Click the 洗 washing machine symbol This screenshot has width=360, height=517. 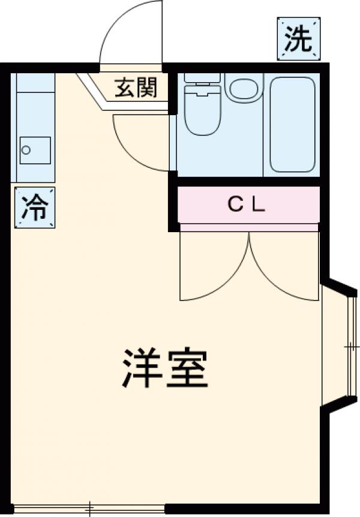(298, 39)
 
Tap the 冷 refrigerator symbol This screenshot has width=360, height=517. (34, 207)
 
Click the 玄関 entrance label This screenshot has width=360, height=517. (136, 88)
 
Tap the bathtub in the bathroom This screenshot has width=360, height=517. (292, 124)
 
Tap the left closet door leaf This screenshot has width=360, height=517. (214, 267)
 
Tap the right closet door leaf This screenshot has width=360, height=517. (284, 267)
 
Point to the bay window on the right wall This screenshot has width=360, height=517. (339, 347)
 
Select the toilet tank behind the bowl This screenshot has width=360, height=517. (203, 77)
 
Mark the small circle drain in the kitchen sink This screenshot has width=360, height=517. (26, 151)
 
